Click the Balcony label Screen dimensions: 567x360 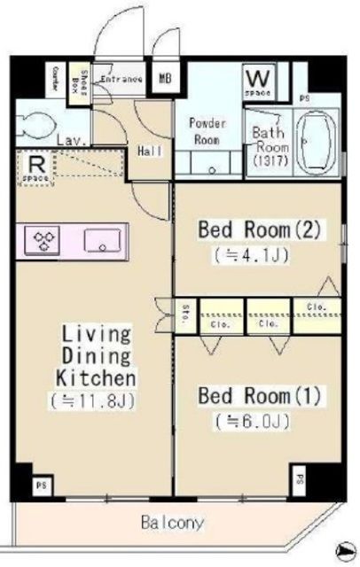(x=172, y=523)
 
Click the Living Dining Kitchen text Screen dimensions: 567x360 (x=97, y=356)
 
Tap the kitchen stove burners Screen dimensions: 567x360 (x=44, y=238)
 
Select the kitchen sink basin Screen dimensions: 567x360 (x=104, y=238)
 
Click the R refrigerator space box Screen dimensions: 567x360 (x=36, y=167)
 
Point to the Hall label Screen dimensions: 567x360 (x=150, y=151)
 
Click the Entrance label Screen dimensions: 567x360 (x=121, y=79)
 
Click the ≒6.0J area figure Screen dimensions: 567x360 (x=252, y=420)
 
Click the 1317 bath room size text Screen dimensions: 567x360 (x=268, y=161)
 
